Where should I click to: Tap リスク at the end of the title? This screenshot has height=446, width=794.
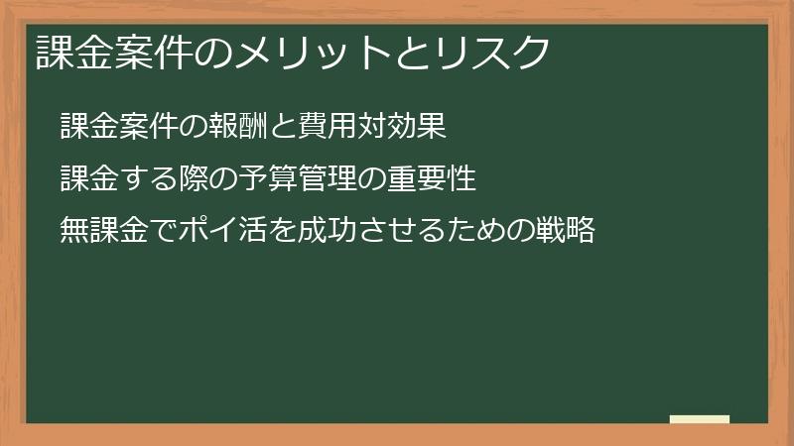pos(492,53)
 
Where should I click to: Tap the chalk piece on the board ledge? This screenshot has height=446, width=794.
pos(700,419)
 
